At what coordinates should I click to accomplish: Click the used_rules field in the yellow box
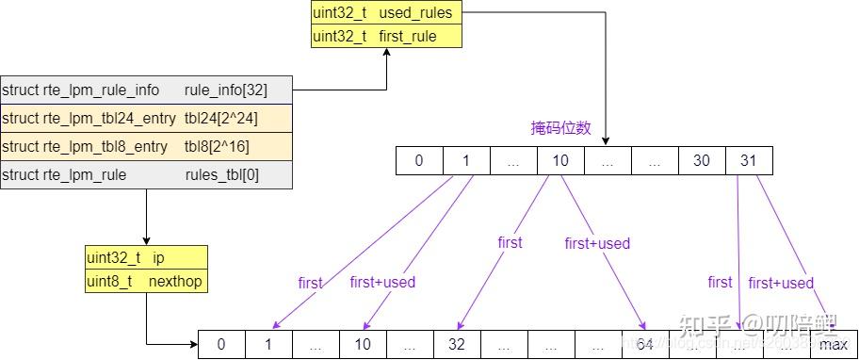coord(387,14)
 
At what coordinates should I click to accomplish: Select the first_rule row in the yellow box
coord(387,37)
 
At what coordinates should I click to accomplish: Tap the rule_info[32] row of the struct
coord(147,90)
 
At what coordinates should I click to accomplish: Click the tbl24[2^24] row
coord(147,119)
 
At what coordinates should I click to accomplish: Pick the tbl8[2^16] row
coord(147,147)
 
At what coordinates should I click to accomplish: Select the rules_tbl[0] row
coord(147,175)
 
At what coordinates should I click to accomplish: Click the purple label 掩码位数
coord(560,128)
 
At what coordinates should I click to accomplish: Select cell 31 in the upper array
coord(749,160)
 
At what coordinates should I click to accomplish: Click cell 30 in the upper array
coord(702,160)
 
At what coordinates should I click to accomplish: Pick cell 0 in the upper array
coord(419,160)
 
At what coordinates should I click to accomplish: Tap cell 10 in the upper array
coord(560,160)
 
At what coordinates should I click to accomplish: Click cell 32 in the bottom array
coord(457,345)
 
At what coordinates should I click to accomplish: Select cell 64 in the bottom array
coord(645,345)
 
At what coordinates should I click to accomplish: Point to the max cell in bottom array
coord(833,345)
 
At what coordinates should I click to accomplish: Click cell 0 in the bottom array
coord(221,345)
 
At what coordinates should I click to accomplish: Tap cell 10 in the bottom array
coord(363,345)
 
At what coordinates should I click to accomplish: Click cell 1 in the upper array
coord(466,160)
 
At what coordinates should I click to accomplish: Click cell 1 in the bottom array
coord(268,345)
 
